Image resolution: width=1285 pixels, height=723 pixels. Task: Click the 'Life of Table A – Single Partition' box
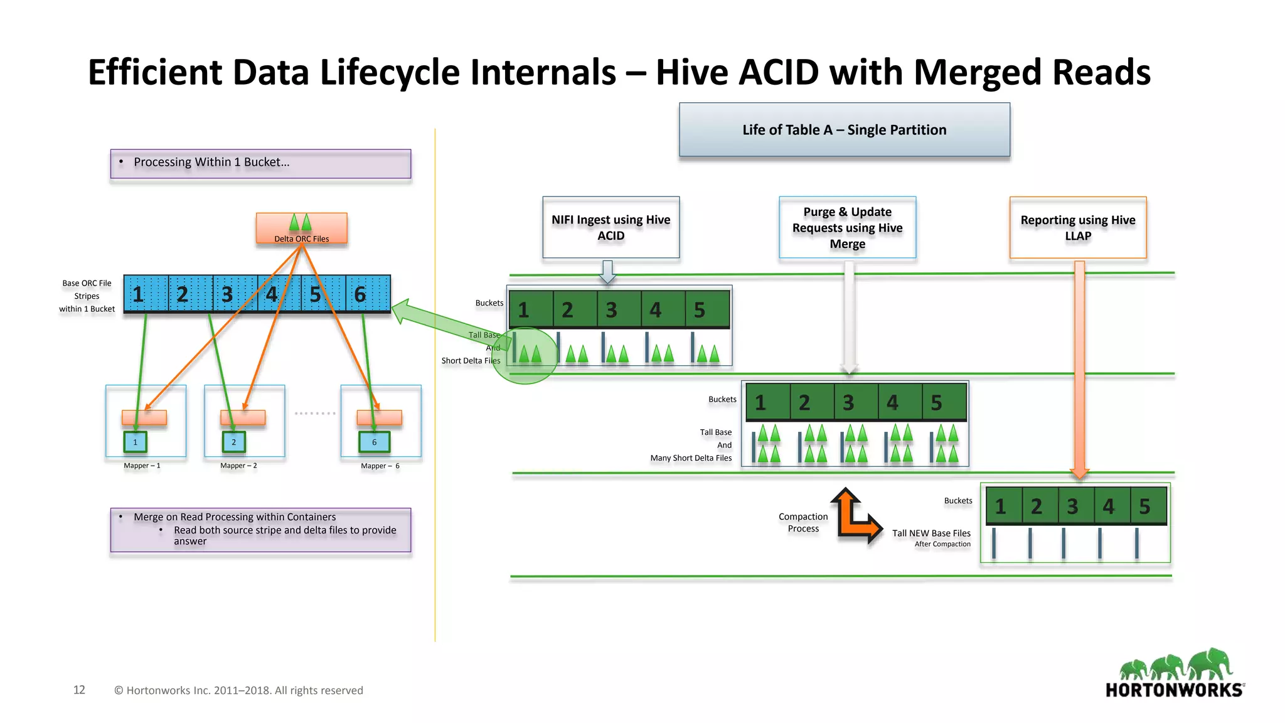click(x=844, y=130)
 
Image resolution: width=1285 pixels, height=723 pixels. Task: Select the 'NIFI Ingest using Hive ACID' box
click(x=611, y=227)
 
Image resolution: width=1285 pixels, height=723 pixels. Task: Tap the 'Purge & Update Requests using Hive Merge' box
click(x=847, y=227)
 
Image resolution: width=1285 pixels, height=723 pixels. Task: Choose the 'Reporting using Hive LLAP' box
click(x=1077, y=227)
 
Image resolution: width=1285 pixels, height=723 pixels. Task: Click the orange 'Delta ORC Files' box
click(x=301, y=229)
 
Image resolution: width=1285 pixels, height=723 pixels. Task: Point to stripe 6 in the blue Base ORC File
click(x=368, y=294)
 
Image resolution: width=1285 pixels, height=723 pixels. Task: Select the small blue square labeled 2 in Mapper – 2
click(x=233, y=442)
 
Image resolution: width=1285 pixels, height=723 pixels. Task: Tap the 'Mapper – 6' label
click(x=380, y=466)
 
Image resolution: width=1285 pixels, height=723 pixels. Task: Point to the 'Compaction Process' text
click(x=802, y=522)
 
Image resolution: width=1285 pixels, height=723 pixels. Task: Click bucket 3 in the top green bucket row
click(x=619, y=309)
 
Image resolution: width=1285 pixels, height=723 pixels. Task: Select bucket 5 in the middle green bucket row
click(x=944, y=402)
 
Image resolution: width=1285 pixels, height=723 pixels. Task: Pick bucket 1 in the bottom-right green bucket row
click(x=1003, y=506)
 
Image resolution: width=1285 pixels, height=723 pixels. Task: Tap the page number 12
click(x=79, y=690)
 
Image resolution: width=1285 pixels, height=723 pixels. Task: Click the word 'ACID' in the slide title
click(x=779, y=72)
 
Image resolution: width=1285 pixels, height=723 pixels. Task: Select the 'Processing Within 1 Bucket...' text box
click(x=260, y=163)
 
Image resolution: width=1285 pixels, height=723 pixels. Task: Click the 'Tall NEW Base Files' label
click(x=931, y=533)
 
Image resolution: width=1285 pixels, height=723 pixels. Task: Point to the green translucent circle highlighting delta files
click(x=525, y=356)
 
